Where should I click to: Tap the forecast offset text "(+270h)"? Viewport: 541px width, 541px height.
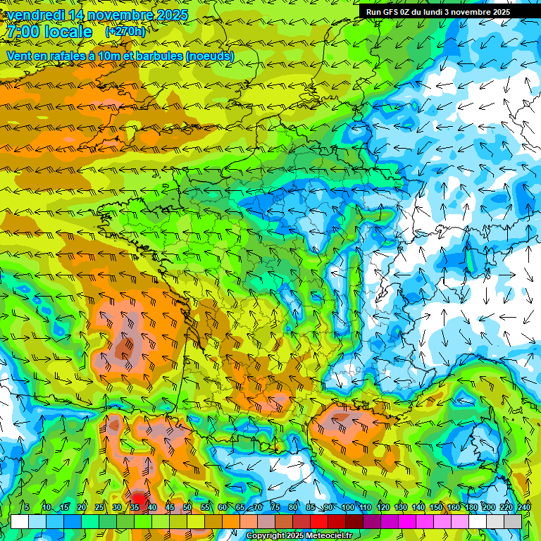(x=125, y=32)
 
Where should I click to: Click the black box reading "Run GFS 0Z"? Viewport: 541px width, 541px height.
(x=449, y=11)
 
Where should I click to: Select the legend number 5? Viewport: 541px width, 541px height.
(x=27, y=507)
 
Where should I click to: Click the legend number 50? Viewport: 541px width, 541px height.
(x=187, y=507)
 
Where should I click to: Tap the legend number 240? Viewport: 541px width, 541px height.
(x=524, y=507)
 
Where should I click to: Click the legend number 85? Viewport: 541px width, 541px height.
(x=311, y=507)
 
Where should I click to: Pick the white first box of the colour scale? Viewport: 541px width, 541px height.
(x=20, y=521)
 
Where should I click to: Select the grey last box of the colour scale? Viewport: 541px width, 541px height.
(x=513, y=521)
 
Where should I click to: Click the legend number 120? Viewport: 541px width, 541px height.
(x=383, y=507)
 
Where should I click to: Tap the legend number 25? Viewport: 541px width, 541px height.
(x=99, y=507)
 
